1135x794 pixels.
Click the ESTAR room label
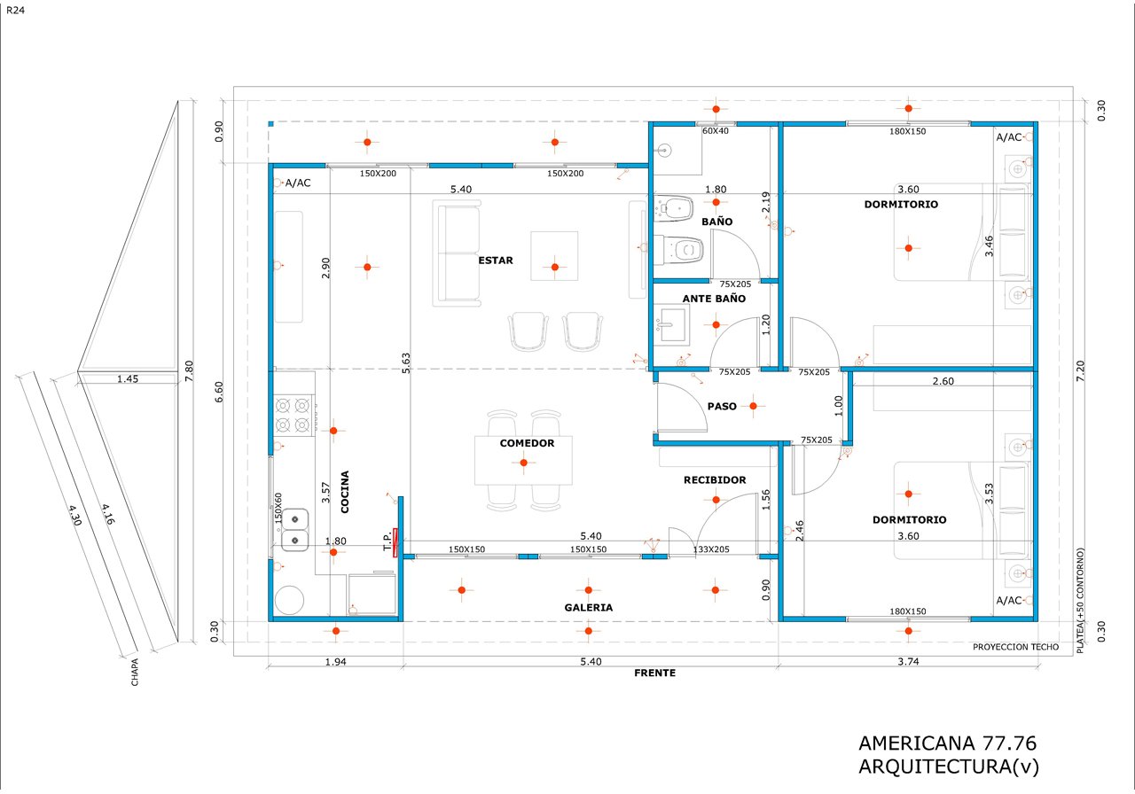point(496,261)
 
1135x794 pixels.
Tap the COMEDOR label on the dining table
point(527,443)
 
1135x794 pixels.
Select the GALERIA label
point(588,608)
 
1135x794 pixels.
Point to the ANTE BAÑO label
point(714,300)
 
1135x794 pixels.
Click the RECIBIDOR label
point(714,480)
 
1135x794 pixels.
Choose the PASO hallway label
point(722,407)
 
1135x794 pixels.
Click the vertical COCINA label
point(344,492)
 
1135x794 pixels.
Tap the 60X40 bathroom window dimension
point(716,131)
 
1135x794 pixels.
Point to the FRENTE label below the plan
point(654,673)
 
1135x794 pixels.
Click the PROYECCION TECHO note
point(1015,647)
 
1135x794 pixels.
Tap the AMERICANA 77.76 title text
point(947,743)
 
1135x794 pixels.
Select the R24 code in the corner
point(15,10)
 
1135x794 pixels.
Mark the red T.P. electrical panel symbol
point(396,539)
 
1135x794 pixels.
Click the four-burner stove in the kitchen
point(295,415)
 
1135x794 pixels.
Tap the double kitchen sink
point(294,529)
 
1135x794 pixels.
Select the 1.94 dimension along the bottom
point(335,662)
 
